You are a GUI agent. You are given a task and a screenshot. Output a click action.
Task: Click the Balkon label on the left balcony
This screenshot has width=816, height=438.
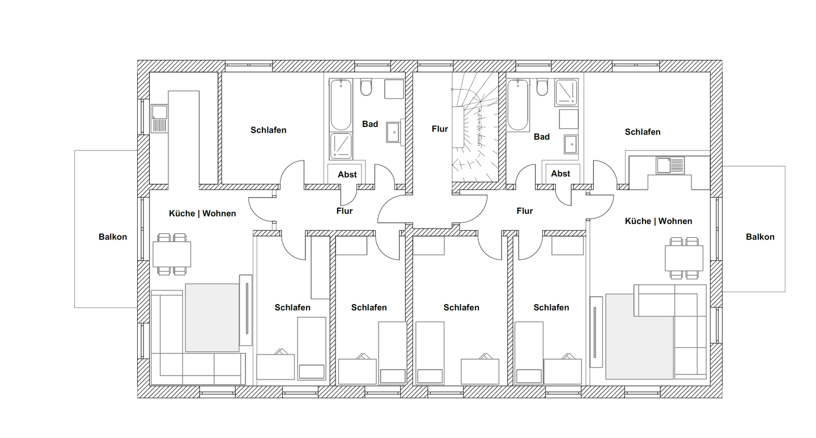(x=112, y=237)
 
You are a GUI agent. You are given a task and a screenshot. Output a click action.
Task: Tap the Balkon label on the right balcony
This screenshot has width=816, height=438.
(x=760, y=237)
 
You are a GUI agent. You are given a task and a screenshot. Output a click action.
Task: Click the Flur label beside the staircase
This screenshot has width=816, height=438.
(x=440, y=129)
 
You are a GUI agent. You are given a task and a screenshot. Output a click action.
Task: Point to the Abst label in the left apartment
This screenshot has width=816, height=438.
(x=347, y=175)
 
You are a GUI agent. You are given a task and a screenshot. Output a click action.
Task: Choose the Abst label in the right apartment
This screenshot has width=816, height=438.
(x=560, y=174)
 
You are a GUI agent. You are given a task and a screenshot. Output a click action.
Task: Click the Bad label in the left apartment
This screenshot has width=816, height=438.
(x=370, y=124)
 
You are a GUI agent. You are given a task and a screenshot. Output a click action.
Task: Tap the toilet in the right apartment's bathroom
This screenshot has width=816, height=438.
(x=542, y=87)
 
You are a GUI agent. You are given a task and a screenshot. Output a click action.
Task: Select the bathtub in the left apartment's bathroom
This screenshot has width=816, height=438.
(x=341, y=105)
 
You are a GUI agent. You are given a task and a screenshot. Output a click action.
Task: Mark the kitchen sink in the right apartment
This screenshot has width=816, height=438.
(x=670, y=165)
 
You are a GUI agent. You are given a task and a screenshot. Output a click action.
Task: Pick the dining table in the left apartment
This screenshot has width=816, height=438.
(x=172, y=254)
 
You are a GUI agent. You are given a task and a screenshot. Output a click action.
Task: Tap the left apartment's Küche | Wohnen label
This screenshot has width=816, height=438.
(x=202, y=214)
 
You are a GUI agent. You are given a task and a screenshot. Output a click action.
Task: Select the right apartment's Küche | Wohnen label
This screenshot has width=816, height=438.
(x=658, y=221)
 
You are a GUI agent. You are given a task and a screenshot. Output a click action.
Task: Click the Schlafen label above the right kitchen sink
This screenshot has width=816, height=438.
(x=643, y=132)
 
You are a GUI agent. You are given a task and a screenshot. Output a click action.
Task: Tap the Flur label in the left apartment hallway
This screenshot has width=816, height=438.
(x=345, y=211)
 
